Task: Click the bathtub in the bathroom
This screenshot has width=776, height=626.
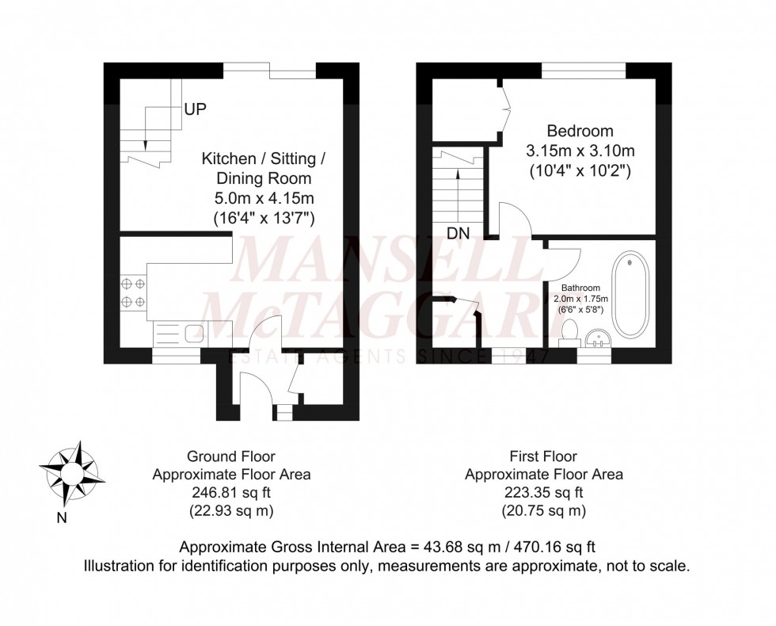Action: tap(630, 294)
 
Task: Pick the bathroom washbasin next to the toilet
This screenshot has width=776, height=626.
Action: tap(599, 339)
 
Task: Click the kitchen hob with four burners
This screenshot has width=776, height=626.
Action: tap(132, 292)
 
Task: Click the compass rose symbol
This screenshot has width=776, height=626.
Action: tap(74, 472)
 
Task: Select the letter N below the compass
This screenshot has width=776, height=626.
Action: tap(62, 519)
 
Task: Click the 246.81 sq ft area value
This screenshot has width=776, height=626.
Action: tap(231, 493)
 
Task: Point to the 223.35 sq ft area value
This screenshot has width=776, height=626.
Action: tap(543, 493)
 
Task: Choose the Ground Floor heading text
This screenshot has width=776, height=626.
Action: tap(231, 456)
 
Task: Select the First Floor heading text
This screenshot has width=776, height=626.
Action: tap(543, 456)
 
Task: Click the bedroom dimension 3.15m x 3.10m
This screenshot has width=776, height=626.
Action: tap(580, 151)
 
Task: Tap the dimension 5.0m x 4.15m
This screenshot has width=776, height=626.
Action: tap(263, 197)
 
